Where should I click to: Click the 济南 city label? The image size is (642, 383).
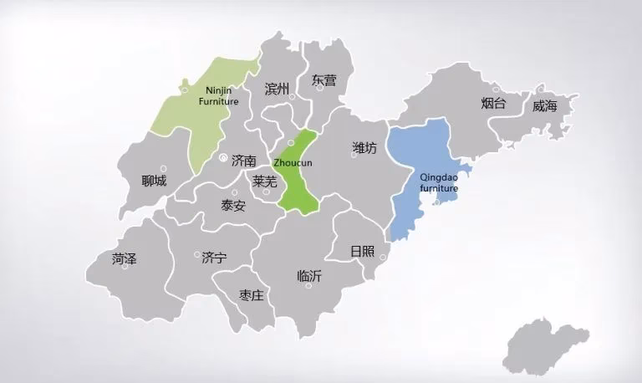[x=244, y=160]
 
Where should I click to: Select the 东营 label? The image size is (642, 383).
[x=324, y=81]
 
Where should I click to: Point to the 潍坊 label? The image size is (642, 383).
[x=364, y=149]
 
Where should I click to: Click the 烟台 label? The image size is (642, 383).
[x=494, y=104]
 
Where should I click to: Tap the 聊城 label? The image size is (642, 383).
[x=154, y=180]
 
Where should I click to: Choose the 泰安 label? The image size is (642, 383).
[x=233, y=206]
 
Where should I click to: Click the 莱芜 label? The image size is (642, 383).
[x=264, y=181]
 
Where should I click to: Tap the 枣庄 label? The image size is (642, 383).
[x=252, y=295]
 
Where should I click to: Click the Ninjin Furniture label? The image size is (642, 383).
[x=218, y=96]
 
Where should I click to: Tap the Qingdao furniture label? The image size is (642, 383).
[x=439, y=183]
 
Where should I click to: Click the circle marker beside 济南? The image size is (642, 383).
[x=222, y=157]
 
